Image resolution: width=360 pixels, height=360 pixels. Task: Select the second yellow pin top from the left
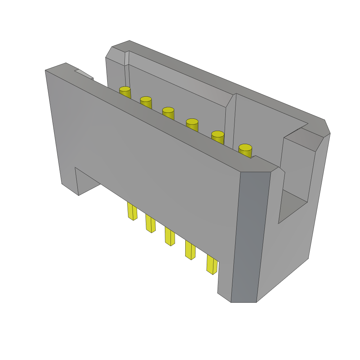pos(146,99)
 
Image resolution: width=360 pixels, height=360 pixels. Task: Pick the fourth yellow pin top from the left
pos(192,122)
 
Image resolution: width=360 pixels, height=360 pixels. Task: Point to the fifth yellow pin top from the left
pos(218,134)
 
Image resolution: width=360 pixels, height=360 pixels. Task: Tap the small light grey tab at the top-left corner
pos(84,74)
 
